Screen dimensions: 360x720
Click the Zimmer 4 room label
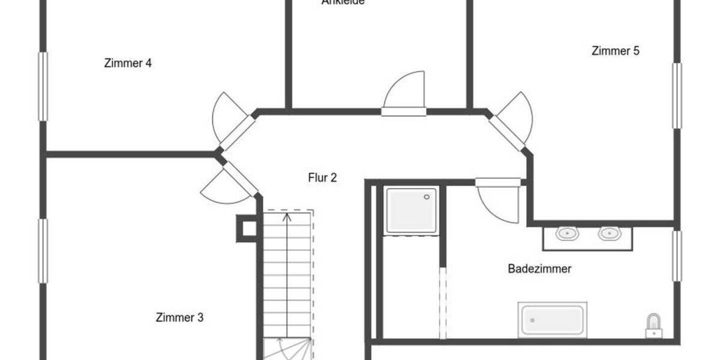[x=127, y=63]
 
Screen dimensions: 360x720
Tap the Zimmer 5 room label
[x=615, y=51]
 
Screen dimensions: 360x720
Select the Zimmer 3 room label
[x=179, y=317]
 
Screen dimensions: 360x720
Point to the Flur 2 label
[x=322, y=178]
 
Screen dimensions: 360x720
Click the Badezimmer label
[x=539, y=269]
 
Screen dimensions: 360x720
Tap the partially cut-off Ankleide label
[x=343, y=2]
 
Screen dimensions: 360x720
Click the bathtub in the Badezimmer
[x=552, y=319]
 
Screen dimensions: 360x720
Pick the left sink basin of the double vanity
[x=565, y=233]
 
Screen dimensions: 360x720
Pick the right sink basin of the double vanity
[x=608, y=233]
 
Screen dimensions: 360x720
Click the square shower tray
[x=412, y=210]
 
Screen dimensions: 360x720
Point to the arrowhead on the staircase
[x=287, y=216]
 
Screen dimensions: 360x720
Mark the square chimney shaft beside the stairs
[x=247, y=228]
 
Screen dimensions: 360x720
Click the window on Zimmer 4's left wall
[x=43, y=86]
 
